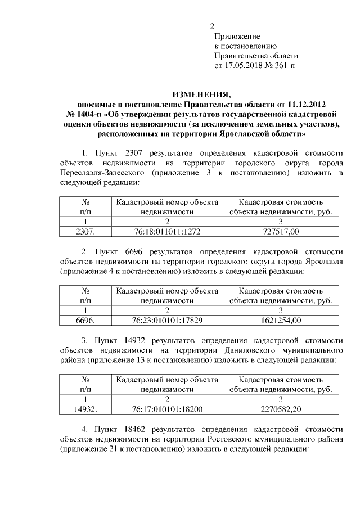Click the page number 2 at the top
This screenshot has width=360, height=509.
click(x=212, y=26)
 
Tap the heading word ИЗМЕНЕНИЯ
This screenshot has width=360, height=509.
click(x=201, y=94)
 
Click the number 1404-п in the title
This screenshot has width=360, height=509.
click(x=84, y=115)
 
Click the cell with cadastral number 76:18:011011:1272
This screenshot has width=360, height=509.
click(x=167, y=231)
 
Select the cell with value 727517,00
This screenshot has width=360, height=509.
click(x=281, y=231)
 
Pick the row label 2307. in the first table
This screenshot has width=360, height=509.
click(x=85, y=231)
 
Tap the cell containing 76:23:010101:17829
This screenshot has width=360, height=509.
click(x=167, y=320)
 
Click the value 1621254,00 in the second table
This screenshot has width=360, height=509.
click(x=281, y=320)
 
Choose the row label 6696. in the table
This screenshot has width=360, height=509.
click(x=85, y=320)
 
